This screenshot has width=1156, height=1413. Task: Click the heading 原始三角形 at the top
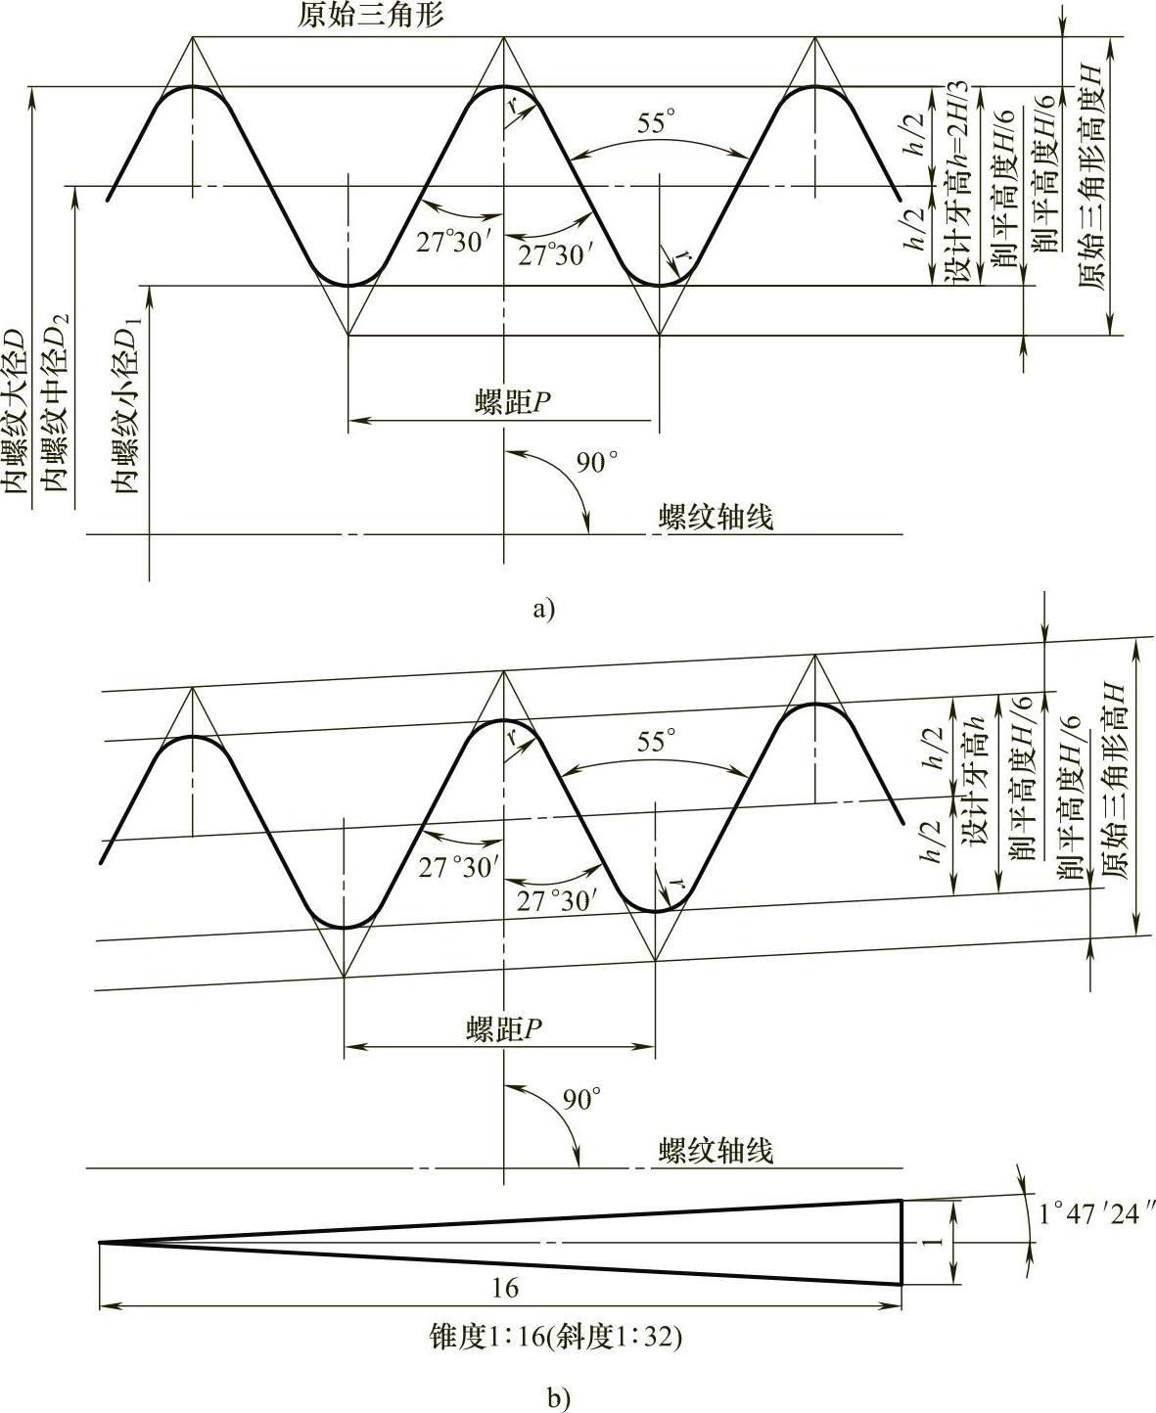pos(371,17)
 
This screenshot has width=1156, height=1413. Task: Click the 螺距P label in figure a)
pos(507,403)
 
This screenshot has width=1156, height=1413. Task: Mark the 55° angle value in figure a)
pos(656,123)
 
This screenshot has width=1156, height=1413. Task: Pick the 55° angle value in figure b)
pos(656,742)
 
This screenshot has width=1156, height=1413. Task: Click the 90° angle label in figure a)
pos(596,462)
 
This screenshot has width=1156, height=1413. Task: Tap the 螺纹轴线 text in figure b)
pos(716,1149)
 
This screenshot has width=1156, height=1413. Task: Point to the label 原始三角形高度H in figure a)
pos(1093,177)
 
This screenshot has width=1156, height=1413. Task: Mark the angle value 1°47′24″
pos(1088,1214)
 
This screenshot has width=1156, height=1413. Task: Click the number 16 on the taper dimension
pos(505,1287)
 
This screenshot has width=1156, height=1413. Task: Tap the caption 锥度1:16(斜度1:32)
pos(555,1337)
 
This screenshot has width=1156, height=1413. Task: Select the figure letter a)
pos(542,610)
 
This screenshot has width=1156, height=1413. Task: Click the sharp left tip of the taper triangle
pos(100,1243)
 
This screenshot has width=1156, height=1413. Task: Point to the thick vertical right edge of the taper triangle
pos(901,1242)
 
